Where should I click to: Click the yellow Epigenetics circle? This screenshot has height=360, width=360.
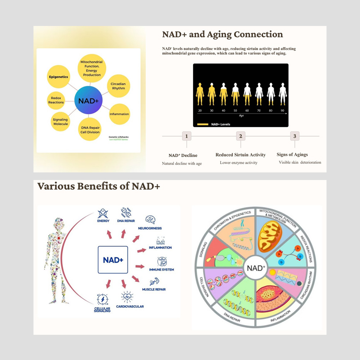[58, 77]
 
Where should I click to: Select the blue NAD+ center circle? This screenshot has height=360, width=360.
[89, 101]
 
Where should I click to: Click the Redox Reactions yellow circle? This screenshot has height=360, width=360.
[56, 100]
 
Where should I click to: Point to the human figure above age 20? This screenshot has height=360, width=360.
[200, 94]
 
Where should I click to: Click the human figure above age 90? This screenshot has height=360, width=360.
[282, 94]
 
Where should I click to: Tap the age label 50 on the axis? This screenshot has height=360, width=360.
[235, 111]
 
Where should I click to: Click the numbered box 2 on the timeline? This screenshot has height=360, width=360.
[240, 136]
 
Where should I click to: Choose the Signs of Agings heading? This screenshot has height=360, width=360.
[292, 154]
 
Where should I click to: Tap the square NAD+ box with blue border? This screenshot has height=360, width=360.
[113, 260]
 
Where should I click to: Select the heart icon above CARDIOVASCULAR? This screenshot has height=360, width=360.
[127, 297]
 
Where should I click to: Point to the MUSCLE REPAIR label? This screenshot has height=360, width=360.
[154, 289]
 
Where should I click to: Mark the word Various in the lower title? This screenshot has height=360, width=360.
[58, 186]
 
